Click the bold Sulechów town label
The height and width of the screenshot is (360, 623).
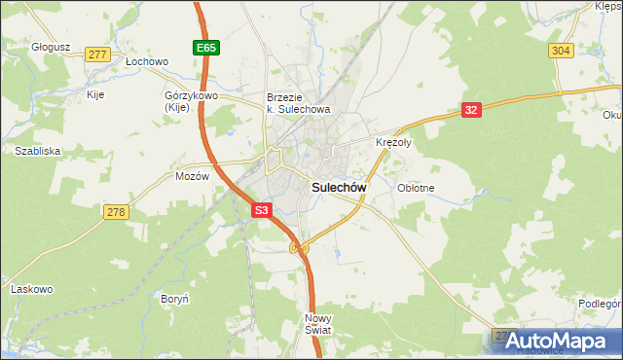338,187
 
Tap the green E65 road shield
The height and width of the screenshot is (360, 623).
203,47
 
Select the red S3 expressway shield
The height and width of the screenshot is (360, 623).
261,209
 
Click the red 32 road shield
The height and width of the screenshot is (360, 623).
471,110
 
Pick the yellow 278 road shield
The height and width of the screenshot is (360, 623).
117,213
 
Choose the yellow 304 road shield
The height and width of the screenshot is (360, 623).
560,51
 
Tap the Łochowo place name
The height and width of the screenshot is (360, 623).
148,60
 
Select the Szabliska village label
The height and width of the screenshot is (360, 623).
38,151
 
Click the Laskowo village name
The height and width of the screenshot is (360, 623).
30,289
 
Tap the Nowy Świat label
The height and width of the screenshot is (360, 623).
318,324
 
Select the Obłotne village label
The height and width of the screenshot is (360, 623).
416,188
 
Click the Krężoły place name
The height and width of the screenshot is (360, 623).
394,142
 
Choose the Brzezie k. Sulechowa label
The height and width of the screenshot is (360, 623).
299,103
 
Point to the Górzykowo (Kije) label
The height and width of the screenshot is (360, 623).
190,103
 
